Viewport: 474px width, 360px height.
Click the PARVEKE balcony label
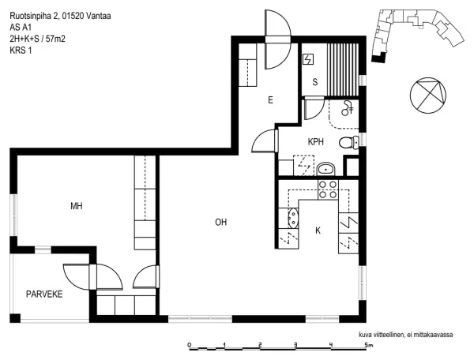tap(44, 294)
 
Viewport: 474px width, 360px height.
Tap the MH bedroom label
tap(77, 206)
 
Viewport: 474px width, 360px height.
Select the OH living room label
tap(221, 223)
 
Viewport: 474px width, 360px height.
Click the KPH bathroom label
tap(316, 141)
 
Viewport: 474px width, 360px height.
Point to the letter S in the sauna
tap(315, 82)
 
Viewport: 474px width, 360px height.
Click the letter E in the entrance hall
tap(270, 100)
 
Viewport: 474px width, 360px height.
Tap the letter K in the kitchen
tap(318, 231)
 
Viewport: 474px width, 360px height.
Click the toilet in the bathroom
tap(348, 142)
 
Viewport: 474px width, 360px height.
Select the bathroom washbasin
tap(326, 169)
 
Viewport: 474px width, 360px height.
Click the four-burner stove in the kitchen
tap(328, 189)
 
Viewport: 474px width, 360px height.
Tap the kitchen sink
tap(293, 218)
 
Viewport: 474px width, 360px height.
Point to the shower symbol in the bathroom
tap(347, 108)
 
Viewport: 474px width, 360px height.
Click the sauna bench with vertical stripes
tap(343, 69)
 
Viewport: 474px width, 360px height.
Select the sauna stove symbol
tap(308, 59)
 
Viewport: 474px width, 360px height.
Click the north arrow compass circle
tap(428, 96)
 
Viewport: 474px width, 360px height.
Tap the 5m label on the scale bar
tap(368, 345)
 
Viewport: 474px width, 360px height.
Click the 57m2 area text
tap(55, 39)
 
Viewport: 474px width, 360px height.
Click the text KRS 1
tap(21, 51)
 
